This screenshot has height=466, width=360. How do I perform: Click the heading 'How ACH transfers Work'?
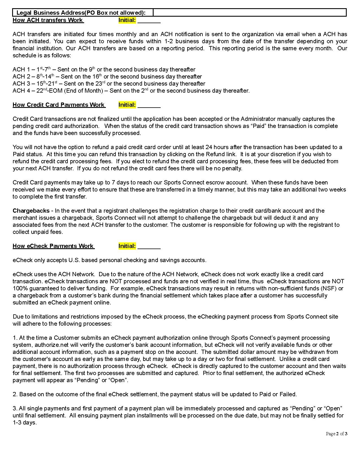point(48,20)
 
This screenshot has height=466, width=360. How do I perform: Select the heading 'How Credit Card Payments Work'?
point(58,105)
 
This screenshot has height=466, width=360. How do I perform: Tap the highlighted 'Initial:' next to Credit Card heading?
point(127,105)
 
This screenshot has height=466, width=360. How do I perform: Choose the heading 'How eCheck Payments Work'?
point(53,246)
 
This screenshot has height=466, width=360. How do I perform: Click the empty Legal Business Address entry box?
point(250,13)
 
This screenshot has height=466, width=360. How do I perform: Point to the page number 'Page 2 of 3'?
point(336,434)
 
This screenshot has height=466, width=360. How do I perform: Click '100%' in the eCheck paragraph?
point(19,288)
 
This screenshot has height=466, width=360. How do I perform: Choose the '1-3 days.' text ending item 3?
point(25,423)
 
